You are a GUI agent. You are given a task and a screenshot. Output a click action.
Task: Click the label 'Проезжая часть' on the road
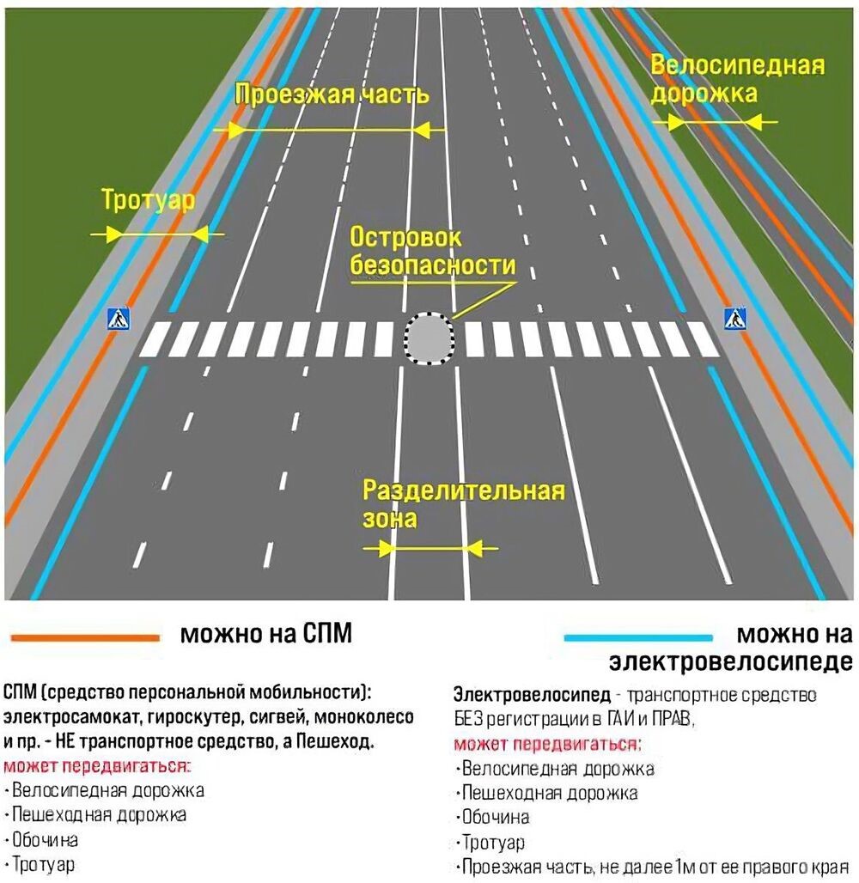332,94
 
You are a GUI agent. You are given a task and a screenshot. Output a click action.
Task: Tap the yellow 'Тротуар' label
148,200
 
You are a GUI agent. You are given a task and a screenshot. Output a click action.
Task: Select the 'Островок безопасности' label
433,251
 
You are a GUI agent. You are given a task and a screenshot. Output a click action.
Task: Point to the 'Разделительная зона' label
463,504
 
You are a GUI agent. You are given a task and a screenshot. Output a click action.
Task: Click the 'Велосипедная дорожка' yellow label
737,79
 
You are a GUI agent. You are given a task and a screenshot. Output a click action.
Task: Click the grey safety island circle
429,338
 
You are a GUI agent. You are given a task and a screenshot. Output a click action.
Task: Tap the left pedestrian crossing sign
119,319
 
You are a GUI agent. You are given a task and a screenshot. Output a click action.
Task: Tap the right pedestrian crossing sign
735,319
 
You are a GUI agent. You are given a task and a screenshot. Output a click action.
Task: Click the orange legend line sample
86,637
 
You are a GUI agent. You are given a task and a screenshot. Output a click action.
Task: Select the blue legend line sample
638,637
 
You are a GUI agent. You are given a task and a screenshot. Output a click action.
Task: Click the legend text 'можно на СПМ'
266,634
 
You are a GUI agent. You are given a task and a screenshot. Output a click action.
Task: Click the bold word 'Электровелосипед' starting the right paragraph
532,694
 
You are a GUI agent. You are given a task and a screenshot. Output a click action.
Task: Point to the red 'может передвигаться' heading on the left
97,766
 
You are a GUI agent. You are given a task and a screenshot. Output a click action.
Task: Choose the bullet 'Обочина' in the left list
45,840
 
